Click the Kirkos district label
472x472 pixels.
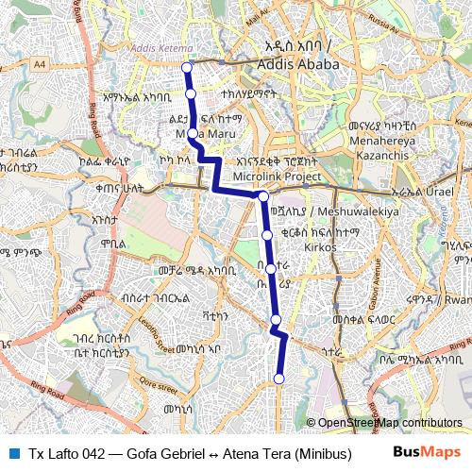pos(321,246)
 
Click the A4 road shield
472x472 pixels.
pos(40,64)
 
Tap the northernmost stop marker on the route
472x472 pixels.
pos(186,68)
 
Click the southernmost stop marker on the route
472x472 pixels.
pos(278,379)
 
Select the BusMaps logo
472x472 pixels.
pos(427,453)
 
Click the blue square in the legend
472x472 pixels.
pos(12,453)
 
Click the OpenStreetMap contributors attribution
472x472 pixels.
pos(384,423)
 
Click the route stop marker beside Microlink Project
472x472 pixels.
pos(264,196)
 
